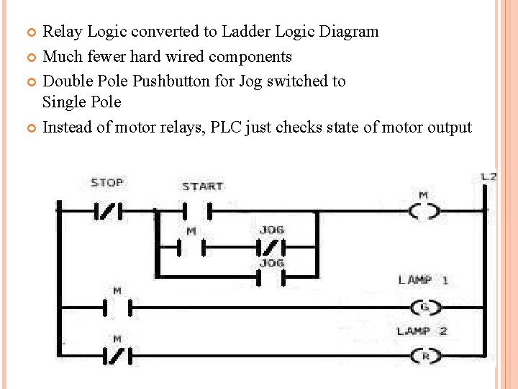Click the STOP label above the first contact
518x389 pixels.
[106, 183]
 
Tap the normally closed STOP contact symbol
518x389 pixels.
[108, 211]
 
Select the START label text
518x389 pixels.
[202, 187]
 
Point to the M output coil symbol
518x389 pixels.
[424, 211]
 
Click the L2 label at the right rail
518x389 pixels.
[489, 176]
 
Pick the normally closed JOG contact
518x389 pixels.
[271, 249]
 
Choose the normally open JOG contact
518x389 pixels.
[271, 277]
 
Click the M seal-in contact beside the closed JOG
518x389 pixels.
[191, 249]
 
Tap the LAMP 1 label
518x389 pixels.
[423, 280]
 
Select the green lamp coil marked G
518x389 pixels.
[424, 308]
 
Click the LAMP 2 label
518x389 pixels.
[423, 331]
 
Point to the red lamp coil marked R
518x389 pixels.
[424, 355]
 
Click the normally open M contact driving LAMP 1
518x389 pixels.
[117, 308]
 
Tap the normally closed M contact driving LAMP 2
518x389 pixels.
[117, 355]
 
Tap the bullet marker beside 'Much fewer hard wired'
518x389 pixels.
[30, 57]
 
